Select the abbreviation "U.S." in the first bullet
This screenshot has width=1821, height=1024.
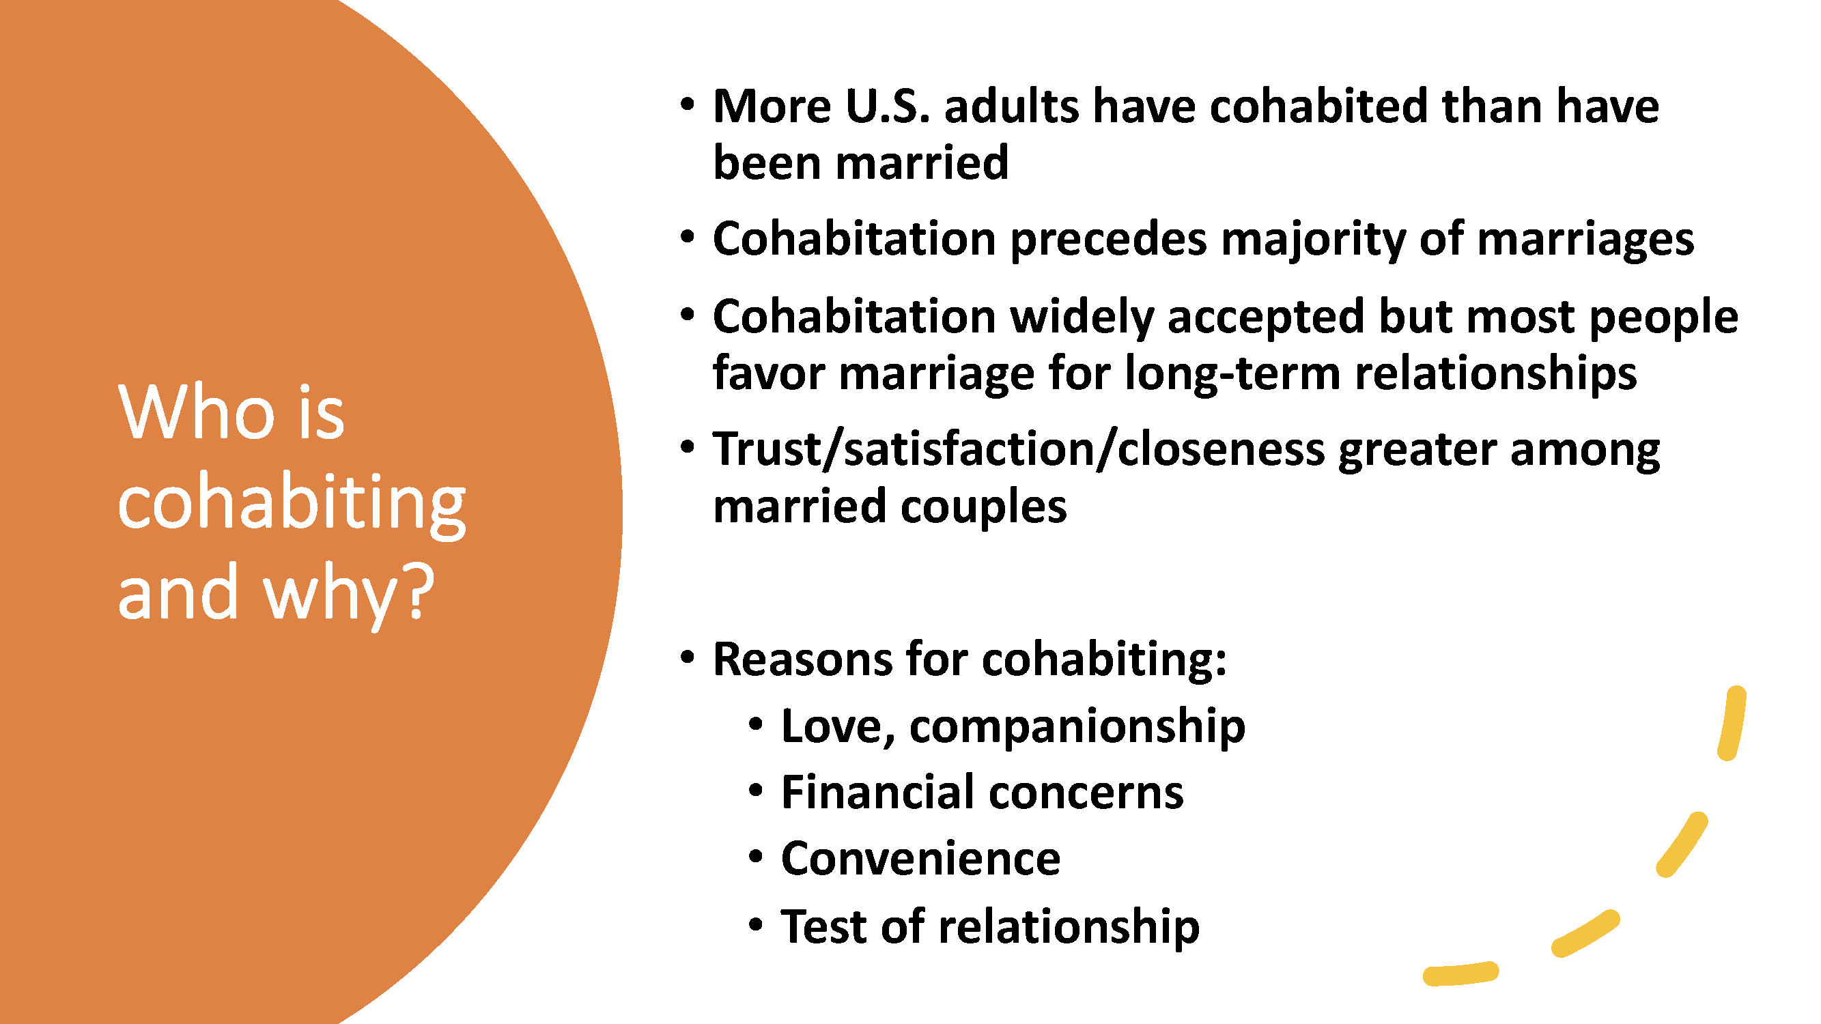[x=887, y=106]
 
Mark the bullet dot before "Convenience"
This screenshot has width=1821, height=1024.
[x=756, y=857]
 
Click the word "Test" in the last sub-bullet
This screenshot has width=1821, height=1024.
[x=823, y=926]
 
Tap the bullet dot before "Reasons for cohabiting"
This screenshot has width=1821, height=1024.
[x=687, y=657]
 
